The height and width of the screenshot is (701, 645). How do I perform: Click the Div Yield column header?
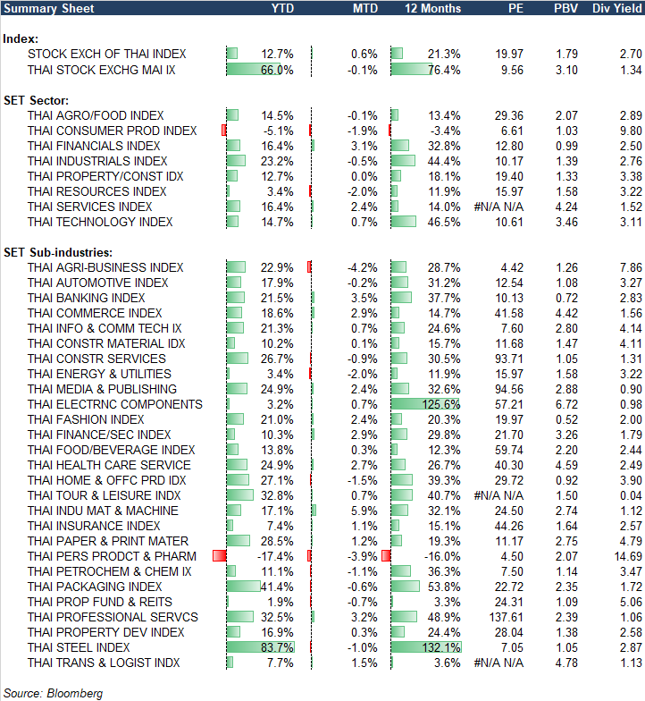tap(616, 8)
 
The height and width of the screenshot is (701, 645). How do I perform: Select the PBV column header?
tap(565, 8)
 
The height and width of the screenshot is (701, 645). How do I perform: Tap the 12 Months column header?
tap(433, 8)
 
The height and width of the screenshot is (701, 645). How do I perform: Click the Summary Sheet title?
tap(42, 8)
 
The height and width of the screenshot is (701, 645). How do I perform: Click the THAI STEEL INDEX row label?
tap(79, 647)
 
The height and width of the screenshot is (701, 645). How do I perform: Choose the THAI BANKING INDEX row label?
tap(86, 298)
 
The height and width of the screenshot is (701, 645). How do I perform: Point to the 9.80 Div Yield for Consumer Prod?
tap(622, 131)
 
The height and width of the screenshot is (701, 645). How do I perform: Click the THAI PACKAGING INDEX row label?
tap(95, 587)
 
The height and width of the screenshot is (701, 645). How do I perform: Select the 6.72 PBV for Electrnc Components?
tap(567, 404)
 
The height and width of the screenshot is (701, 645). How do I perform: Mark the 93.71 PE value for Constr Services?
tap(507, 359)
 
